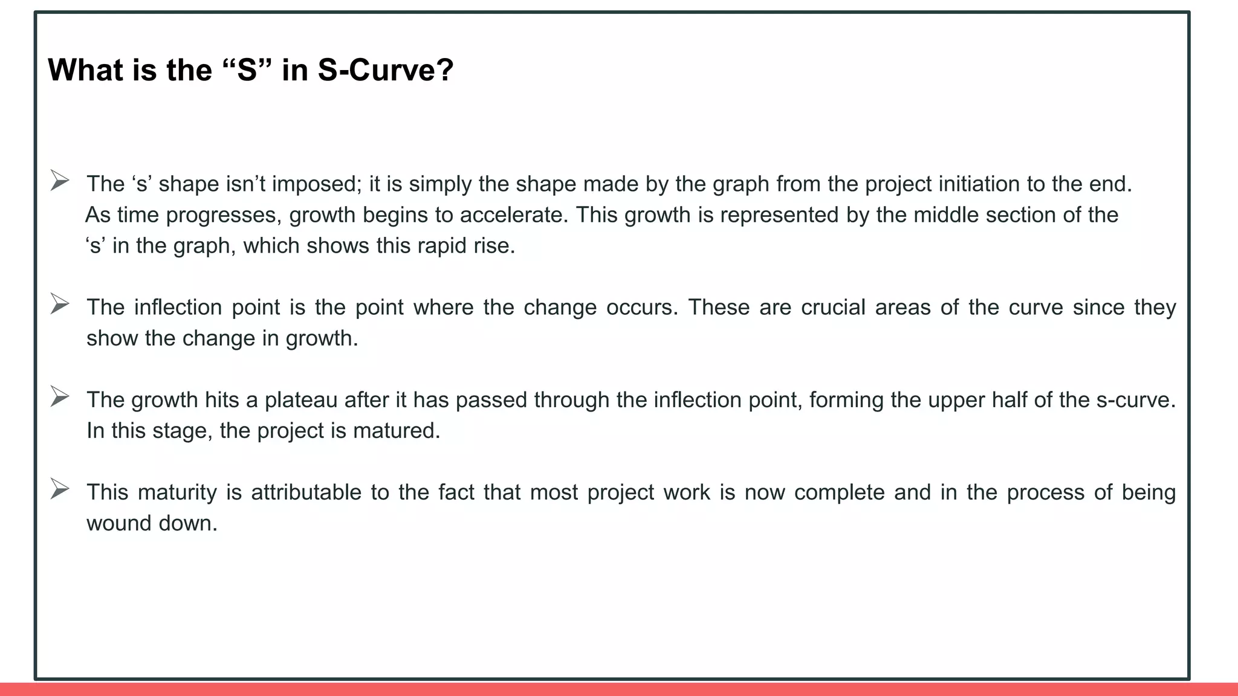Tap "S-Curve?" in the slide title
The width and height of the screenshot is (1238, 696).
(385, 70)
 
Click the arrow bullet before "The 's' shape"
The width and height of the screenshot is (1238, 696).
(59, 181)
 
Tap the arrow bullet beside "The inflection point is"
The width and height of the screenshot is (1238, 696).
(59, 304)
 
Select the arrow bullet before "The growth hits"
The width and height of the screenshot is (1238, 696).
(59, 396)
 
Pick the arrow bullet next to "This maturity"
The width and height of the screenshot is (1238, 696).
(59, 489)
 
